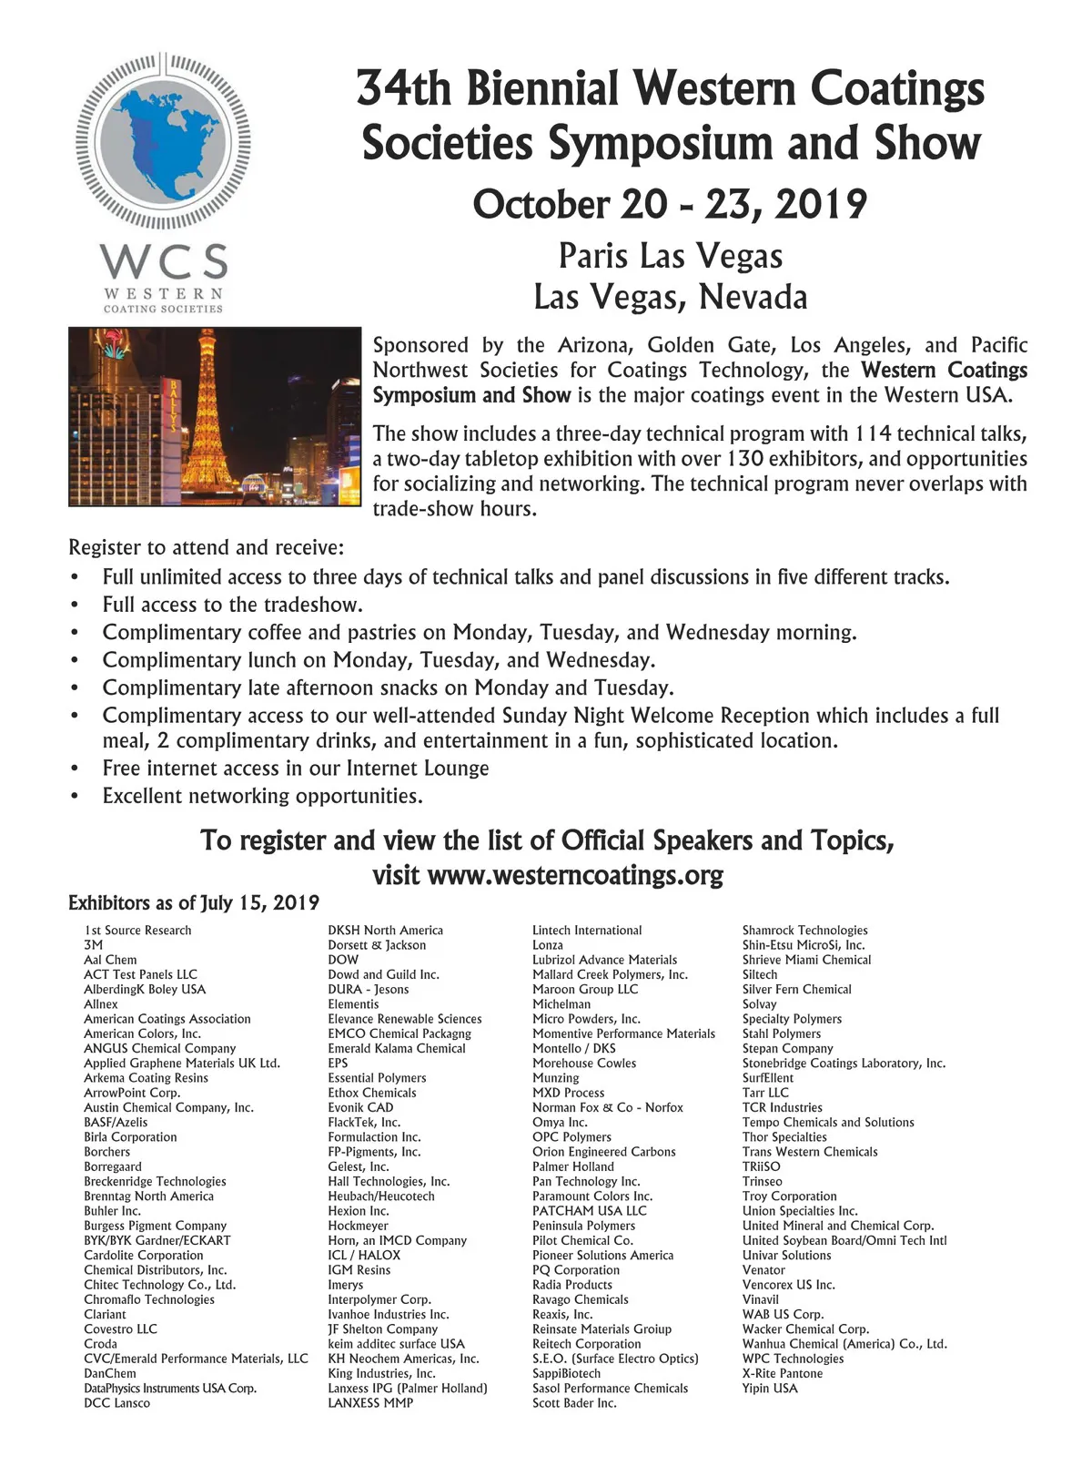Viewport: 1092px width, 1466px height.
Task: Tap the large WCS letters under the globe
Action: click(x=164, y=261)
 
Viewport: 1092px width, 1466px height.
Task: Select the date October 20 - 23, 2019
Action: click(x=670, y=204)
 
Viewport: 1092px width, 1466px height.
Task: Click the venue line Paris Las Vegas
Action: click(x=670, y=256)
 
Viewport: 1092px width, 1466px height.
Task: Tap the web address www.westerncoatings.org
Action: click(x=575, y=876)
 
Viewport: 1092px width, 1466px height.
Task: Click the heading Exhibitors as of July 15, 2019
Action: click(x=194, y=903)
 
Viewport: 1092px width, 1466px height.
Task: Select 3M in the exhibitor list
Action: click(x=93, y=945)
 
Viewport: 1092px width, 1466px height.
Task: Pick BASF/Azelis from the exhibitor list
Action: click(x=116, y=1122)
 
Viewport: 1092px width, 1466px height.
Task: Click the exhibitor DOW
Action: click(x=343, y=960)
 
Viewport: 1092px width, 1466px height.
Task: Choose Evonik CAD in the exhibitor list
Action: click(x=360, y=1107)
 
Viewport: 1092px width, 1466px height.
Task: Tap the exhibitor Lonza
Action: click(x=548, y=945)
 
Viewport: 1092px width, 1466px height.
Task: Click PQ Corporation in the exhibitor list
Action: click(x=576, y=1269)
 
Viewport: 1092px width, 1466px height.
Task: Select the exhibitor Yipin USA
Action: click(x=770, y=1388)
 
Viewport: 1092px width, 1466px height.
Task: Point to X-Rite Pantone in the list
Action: click(x=782, y=1373)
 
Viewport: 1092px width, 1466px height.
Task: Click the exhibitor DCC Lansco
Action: click(x=116, y=1403)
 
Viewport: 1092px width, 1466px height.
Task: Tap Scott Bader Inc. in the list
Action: click(x=574, y=1403)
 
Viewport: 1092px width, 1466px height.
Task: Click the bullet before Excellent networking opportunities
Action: click(x=75, y=797)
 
